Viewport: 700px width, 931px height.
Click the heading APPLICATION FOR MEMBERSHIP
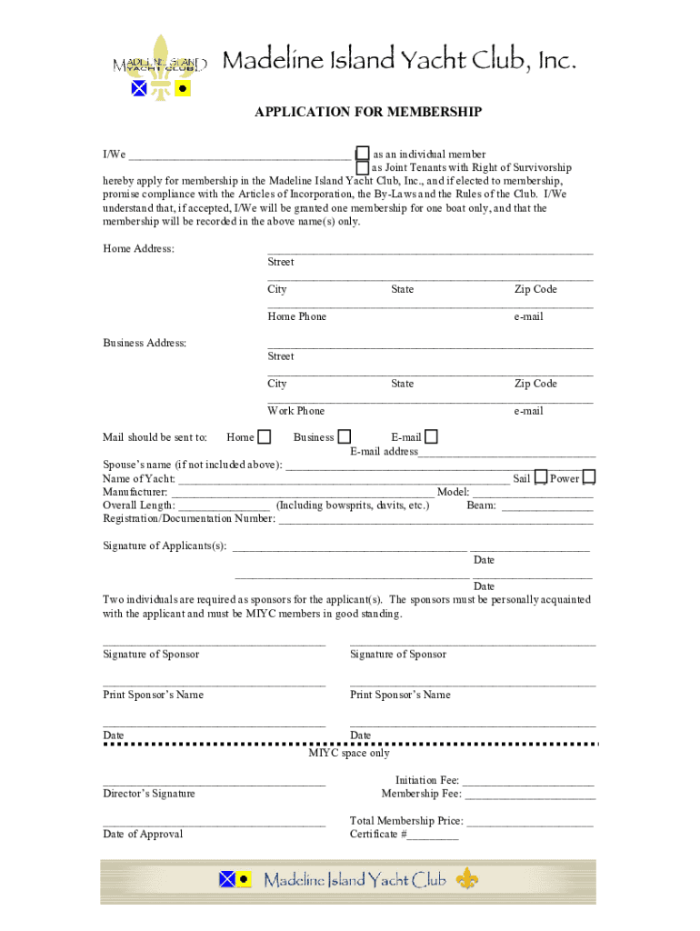pos(367,112)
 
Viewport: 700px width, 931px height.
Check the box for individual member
pos(363,154)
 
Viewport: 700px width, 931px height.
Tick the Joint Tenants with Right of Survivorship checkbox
pos(363,167)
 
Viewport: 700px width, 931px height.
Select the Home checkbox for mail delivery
pos(264,437)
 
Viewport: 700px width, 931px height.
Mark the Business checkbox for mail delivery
pos(345,437)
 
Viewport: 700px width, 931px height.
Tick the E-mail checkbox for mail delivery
pos(431,437)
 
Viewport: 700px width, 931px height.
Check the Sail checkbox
pos(541,477)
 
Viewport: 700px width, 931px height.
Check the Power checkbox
pos(589,477)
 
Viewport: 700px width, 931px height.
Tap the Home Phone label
pos(296,316)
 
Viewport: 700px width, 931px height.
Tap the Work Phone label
pos(295,411)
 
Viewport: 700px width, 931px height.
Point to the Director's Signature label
pos(149,794)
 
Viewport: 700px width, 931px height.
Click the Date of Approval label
pos(143,834)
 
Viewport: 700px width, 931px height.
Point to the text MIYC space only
pos(349,753)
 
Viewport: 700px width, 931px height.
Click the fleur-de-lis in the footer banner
pos(467,879)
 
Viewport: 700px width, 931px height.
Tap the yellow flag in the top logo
pos(183,88)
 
